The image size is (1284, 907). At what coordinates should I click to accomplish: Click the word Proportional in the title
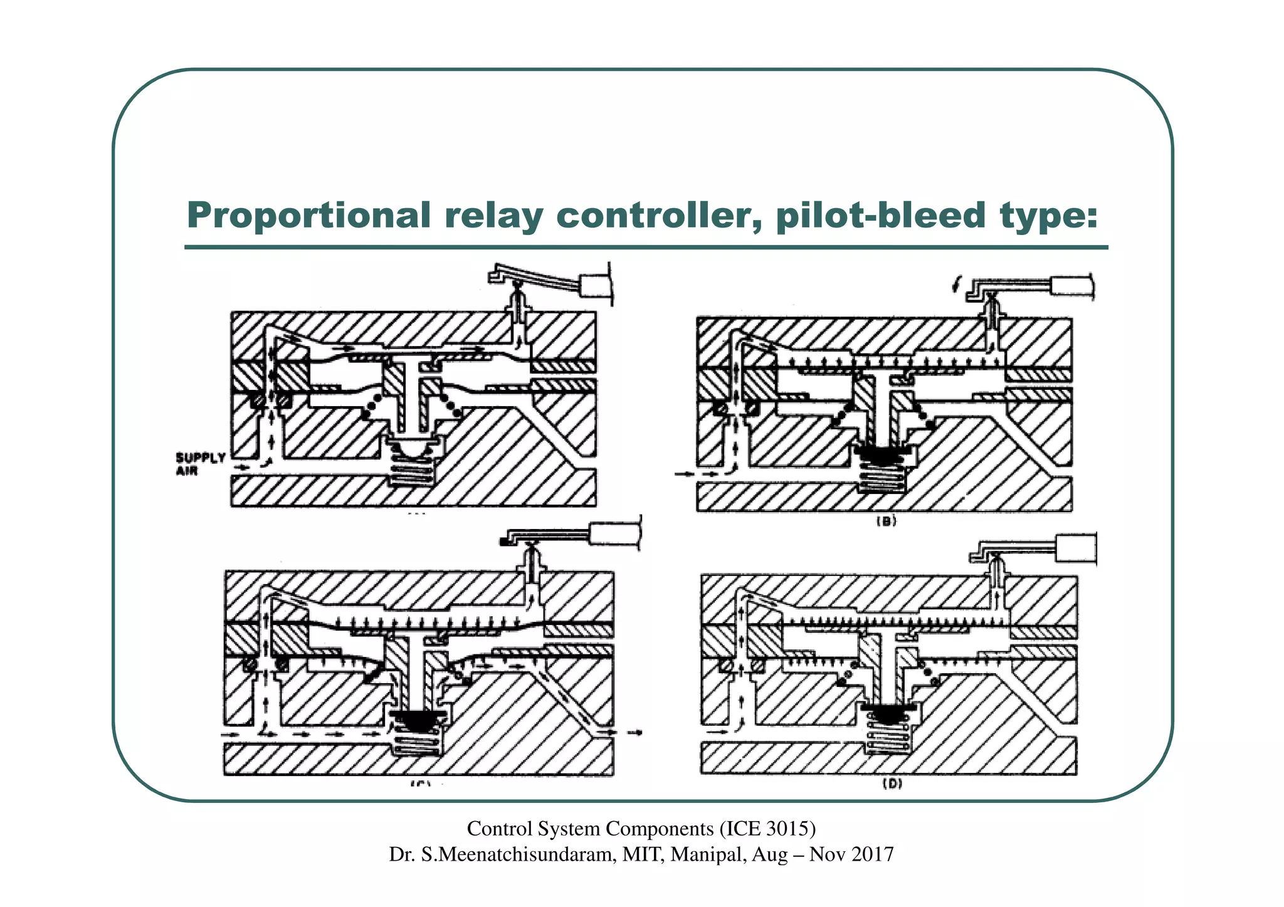(x=308, y=215)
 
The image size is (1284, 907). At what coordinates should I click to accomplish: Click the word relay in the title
(x=494, y=215)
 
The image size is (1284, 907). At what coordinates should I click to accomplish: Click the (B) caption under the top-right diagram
(x=886, y=521)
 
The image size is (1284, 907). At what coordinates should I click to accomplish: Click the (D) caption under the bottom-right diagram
(x=892, y=784)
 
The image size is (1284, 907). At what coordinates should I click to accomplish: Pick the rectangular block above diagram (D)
(x=1076, y=548)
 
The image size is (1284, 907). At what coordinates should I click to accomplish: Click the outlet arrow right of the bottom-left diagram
(x=634, y=732)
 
